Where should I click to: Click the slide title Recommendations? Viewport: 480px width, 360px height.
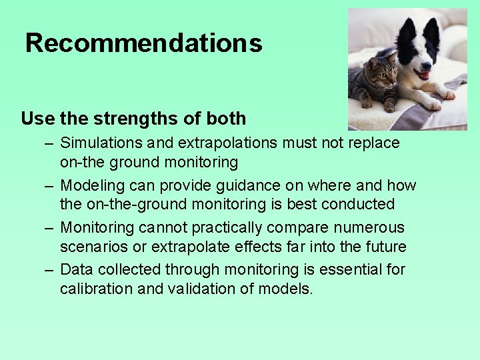(143, 43)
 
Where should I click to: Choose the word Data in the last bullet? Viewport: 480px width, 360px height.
(75, 269)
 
